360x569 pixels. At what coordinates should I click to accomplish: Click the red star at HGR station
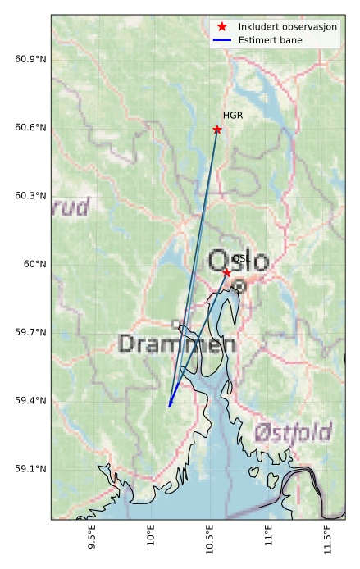coord(217,130)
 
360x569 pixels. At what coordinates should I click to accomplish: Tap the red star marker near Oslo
coord(226,271)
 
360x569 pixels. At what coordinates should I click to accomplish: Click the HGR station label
coord(233,116)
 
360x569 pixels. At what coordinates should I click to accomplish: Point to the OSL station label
coord(240,258)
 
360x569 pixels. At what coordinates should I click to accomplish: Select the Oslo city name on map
coord(238,262)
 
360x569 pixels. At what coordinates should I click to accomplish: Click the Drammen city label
coord(177,343)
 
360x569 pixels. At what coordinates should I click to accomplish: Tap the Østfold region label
coord(293,432)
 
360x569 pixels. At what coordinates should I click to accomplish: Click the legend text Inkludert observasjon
coord(288,27)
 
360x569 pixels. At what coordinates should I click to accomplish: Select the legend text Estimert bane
coord(270,39)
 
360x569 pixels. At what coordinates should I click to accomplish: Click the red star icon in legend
coord(222,27)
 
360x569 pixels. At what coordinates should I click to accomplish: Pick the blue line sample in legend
coord(222,39)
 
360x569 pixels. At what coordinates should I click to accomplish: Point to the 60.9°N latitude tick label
coord(30,60)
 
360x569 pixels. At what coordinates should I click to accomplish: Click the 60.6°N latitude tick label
coord(30,128)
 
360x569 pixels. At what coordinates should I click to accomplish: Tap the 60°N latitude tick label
coord(35,264)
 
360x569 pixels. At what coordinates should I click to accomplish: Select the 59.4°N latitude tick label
coord(30,400)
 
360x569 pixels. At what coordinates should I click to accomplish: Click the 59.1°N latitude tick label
coord(30,469)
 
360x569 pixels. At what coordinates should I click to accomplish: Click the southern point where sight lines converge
coord(169,406)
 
